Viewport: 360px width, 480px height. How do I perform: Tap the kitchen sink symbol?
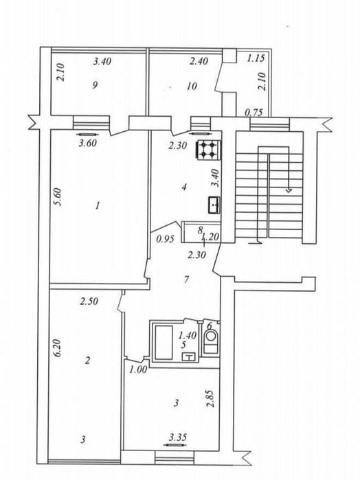[214, 203]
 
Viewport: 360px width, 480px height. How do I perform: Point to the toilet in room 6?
[211, 341]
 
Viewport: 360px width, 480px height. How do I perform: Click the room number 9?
[96, 85]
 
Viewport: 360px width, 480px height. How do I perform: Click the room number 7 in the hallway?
[187, 279]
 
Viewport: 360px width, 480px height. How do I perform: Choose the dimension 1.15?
[256, 59]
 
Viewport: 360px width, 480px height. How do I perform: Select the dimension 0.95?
[164, 240]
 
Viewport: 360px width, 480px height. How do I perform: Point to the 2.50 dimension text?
[89, 301]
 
